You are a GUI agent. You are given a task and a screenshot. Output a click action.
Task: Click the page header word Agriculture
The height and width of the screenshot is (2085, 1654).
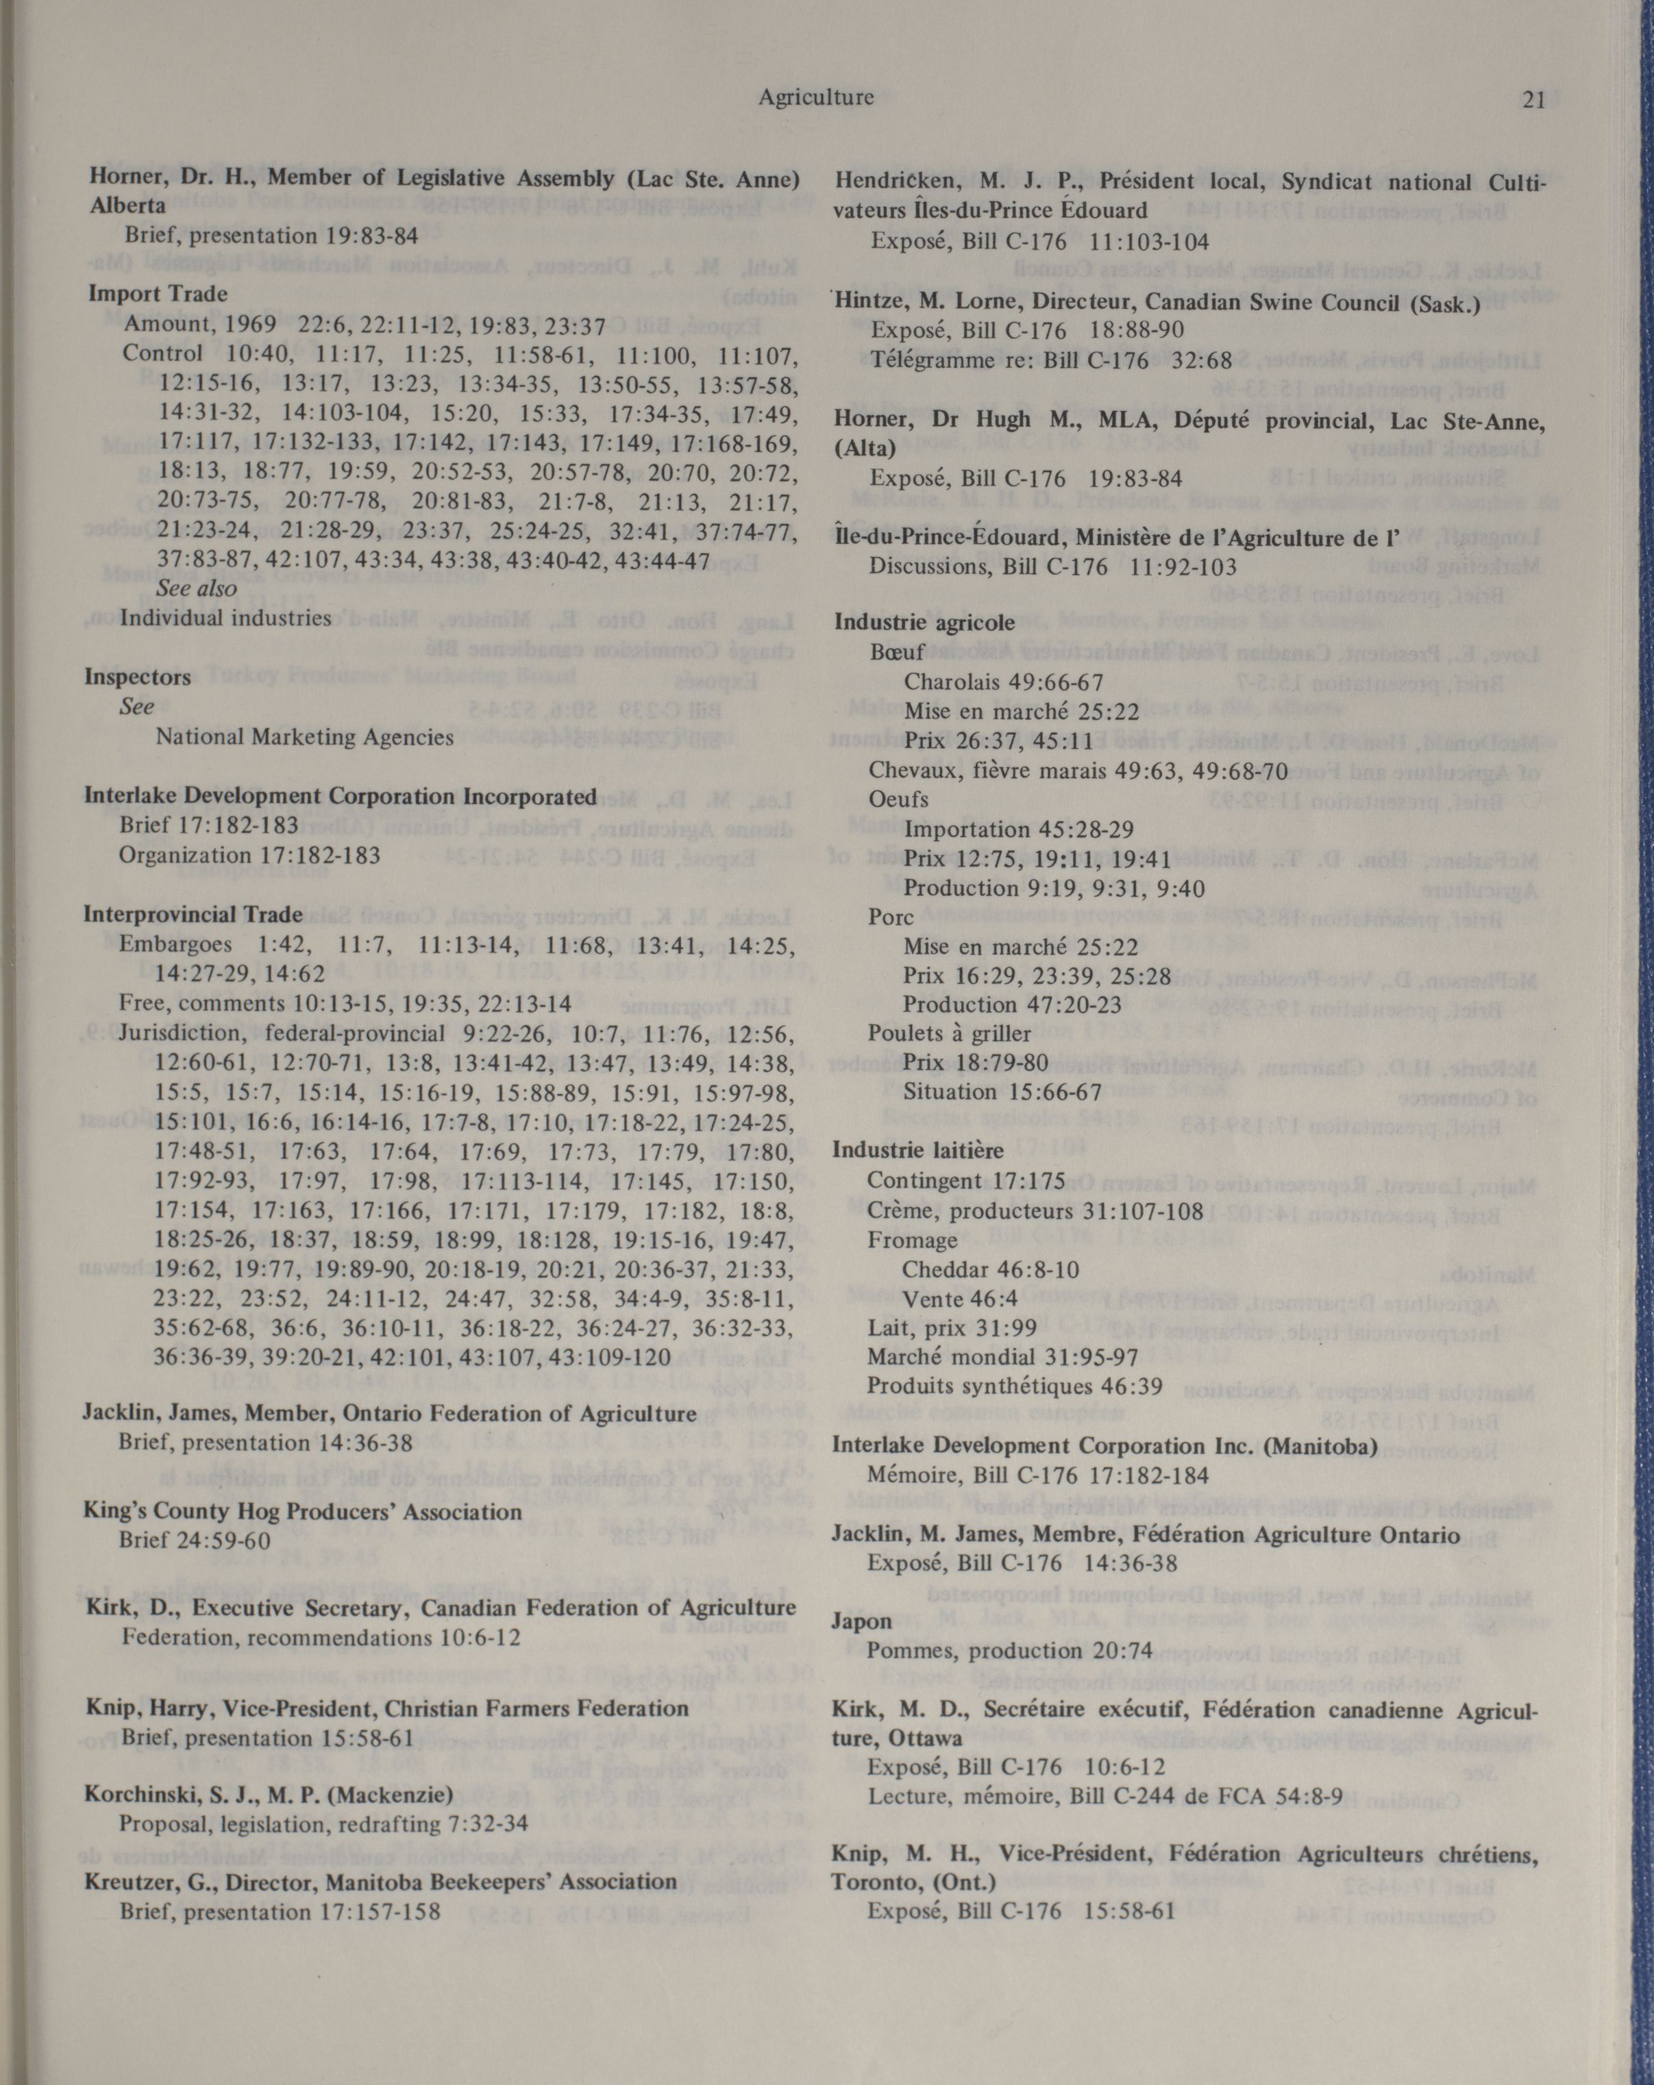coord(815,97)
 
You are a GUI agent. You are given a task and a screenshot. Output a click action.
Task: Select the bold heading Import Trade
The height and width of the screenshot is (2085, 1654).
coord(158,293)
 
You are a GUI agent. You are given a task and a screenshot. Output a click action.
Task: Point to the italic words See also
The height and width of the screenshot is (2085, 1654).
coord(197,588)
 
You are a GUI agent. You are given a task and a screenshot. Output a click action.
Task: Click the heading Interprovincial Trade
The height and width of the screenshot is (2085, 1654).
coord(193,914)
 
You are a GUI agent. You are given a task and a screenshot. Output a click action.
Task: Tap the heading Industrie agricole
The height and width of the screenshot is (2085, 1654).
coord(925,622)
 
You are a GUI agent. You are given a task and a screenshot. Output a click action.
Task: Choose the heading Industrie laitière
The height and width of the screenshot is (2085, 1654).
coord(918,1151)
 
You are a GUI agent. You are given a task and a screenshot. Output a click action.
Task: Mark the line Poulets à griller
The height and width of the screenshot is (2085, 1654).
coord(949,1034)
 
